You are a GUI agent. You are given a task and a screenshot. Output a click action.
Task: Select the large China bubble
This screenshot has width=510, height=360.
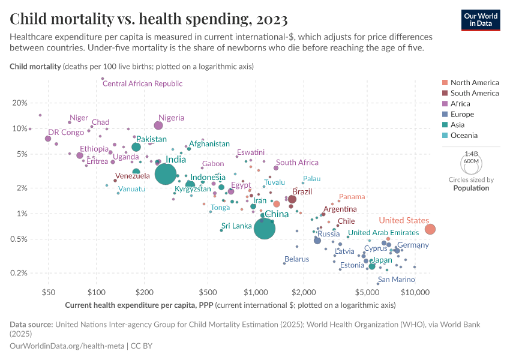pos(264,228)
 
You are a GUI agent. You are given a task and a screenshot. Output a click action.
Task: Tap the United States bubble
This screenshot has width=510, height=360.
pos(430,229)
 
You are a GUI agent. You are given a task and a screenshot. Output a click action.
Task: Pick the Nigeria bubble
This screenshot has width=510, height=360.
pos(158,125)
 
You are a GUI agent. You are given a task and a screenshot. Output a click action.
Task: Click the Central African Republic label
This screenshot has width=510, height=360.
pos(142,84)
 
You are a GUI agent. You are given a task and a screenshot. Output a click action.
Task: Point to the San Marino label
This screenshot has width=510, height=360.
pos(396,280)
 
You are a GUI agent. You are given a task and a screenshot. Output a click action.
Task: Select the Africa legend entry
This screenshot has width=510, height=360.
pos(464,104)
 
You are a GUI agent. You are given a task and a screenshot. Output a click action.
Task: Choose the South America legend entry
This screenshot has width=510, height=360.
pos(474,93)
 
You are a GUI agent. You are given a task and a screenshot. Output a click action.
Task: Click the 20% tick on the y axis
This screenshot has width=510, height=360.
pos(20,103)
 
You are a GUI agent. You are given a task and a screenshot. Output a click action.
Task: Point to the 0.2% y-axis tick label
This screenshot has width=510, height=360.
pos(18,273)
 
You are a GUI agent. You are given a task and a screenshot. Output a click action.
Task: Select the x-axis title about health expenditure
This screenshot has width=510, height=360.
pos(230,305)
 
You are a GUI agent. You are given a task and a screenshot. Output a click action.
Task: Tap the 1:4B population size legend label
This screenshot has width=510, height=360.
pos(471,154)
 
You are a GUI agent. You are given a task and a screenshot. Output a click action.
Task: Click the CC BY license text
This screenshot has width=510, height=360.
pos(142,346)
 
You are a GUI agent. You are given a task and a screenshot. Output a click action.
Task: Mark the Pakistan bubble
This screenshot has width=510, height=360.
pos(136,147)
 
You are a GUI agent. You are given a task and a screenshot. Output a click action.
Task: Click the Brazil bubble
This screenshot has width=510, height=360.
pos(292,199)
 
